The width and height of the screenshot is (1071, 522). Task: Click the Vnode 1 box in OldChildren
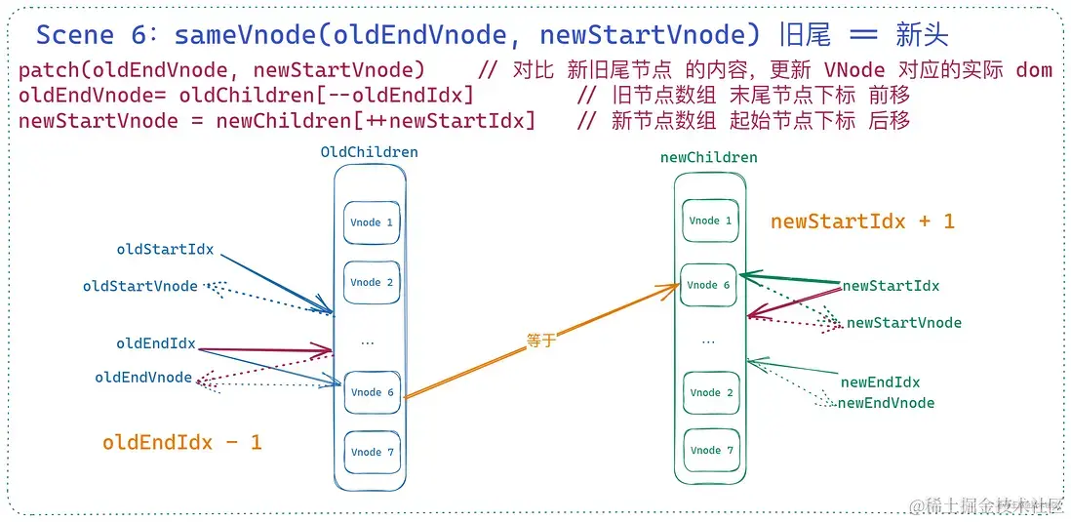(x=371, y=222)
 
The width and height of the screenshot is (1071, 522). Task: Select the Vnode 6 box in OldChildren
(x=371, y=392)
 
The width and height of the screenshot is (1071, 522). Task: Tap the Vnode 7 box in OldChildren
(x=371, y=452)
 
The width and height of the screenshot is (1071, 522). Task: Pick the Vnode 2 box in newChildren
(x=709, y=392)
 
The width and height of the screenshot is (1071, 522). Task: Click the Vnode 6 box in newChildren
(x=708, y=285)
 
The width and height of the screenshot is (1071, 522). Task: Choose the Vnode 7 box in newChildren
(x=709, y=450)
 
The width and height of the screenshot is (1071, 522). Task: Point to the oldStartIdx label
(x=165, y=249)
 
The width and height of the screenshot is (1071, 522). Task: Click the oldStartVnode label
(x=139, y=286)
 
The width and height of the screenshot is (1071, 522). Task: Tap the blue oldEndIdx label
(x=155, y=343)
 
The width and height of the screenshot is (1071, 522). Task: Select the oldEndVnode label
(x=143, y=378)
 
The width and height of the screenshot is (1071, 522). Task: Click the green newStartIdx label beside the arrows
(x=891, y=286)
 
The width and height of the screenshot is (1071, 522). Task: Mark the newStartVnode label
(x=903, y=323)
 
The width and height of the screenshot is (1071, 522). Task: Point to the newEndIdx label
(x=880, y=382)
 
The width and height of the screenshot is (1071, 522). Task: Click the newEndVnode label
(x=886, y=403)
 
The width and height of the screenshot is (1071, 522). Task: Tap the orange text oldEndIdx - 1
(x=181, y=442)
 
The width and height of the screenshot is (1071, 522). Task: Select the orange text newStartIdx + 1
(x=862, y=221)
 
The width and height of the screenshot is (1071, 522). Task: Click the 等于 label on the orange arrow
(x=540, y=341)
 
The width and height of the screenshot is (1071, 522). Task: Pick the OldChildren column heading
(x=369, y=152)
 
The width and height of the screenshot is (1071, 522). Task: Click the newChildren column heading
(x=708, y=157)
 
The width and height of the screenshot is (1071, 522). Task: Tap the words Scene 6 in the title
(x=89, y=36)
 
